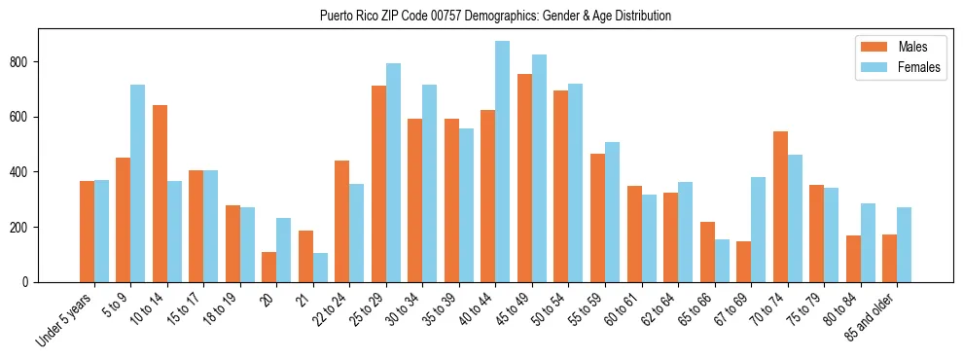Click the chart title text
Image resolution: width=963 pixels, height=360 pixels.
(495, 17)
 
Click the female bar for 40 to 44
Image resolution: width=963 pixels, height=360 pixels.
(503, 162)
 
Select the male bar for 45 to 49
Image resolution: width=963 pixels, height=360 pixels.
(524, 178)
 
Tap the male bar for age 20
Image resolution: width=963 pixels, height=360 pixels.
(269, 267)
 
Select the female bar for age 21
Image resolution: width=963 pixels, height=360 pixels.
(320, 268)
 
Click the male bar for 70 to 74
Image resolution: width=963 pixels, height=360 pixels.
(780, 206)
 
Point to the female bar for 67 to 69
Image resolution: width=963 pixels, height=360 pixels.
(758, 230)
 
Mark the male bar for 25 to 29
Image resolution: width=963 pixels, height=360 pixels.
(378, 184)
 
